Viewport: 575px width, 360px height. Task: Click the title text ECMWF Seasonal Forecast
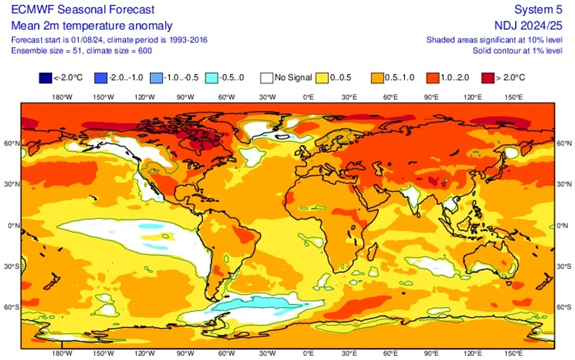pyautogui.click(x=83, y=10)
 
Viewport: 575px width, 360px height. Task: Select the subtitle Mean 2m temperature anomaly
pyautogui.click(x=92, y=26)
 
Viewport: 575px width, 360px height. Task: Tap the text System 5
pyautogui.click(x=538, y=10)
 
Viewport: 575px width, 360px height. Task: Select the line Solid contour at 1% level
pyautogui.click(x=517, y=50)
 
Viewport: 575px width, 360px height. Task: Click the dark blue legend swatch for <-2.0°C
pyautogui.click(x=45, y=78)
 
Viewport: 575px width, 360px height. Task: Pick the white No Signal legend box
pyautogui.click(x=266, y=78)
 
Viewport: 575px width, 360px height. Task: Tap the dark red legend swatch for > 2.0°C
pyautogui.click(x=488, y=78)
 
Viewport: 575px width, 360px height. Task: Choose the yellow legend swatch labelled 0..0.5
pyautogui.click(x=322, y=78)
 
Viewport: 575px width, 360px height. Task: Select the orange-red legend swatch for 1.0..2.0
pyautogui.click(x=432, y=78)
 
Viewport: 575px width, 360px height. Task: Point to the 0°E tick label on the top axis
pyautogui.click(x=308, y=97)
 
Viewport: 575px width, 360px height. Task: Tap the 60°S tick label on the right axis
pyautogui.click(x=564, y=307)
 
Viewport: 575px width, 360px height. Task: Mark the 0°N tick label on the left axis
pyautogui.click(x=12, y=226)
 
